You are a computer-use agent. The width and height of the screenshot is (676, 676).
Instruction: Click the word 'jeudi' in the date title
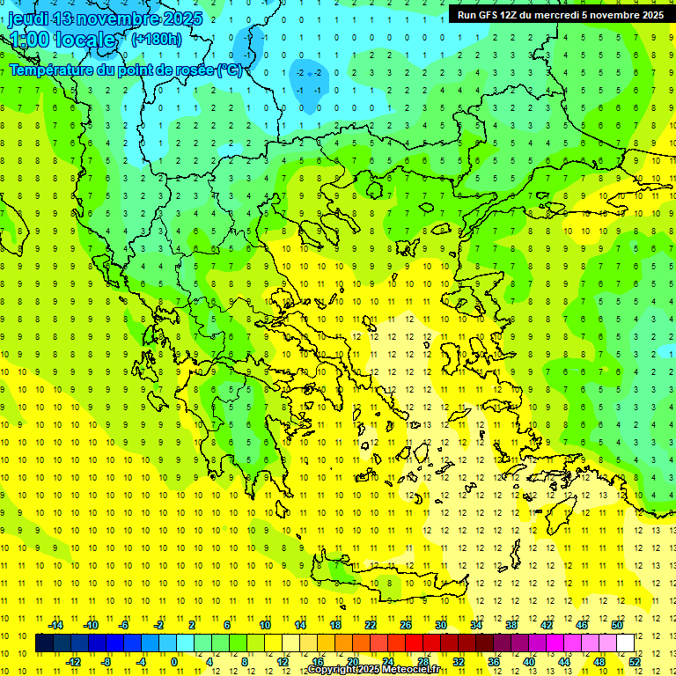27,18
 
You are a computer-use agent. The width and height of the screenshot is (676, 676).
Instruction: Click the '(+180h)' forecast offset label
157,39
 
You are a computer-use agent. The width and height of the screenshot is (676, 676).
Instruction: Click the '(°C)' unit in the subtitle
231,70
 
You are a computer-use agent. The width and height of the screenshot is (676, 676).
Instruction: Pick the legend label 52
635,662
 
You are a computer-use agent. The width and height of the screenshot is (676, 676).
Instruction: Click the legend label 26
406,625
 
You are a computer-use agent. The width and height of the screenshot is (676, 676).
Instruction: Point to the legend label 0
173,662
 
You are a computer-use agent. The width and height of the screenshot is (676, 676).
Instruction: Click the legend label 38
511,625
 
